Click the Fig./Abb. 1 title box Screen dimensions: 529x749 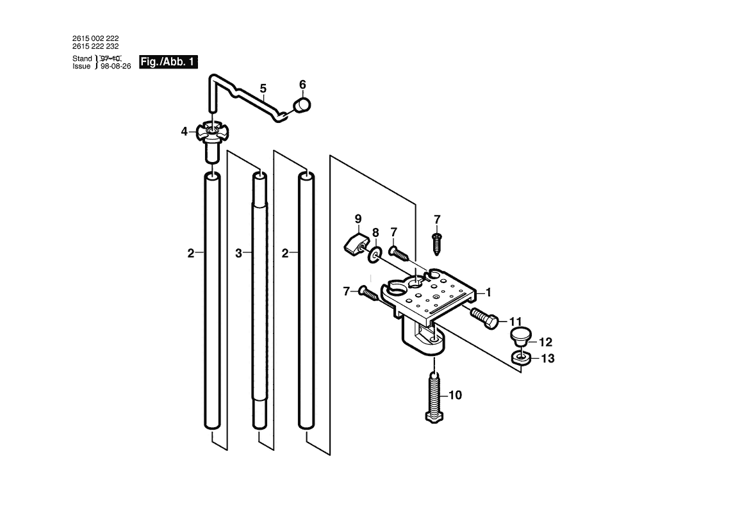click(x=169, y=62)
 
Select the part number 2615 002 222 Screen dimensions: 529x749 click(x=95, y=38)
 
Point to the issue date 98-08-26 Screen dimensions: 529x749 click(x=116, y=67)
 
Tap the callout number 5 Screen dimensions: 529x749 click(x=263, y=88)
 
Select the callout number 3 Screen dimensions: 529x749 click(x=238, y=254)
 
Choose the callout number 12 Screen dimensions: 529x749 click(x=545, y=342)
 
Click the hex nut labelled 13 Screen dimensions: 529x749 click(x=520, y=357)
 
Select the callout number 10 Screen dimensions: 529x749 click(x=454, y=396)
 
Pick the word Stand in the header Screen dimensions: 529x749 click(x=83, y=59)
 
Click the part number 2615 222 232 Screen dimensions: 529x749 click(x=95, y=47)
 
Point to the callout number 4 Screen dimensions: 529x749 click(x=184, y=131)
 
